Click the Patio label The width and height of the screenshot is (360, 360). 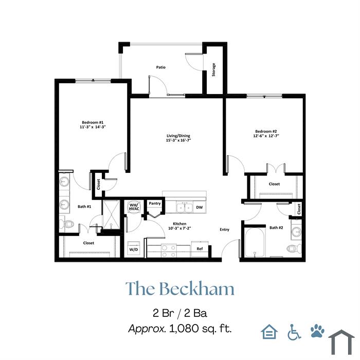160,67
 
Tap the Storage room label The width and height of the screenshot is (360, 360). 214,70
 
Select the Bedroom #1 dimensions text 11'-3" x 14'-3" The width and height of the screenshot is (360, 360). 93,127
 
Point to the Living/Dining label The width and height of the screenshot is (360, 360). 178,136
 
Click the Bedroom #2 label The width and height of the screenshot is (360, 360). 266,131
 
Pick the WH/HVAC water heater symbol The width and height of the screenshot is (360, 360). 134,207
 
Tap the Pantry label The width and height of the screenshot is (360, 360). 155,204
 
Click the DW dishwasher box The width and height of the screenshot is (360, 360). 200,207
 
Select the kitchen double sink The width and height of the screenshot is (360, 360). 185,207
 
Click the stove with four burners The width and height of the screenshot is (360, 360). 169,250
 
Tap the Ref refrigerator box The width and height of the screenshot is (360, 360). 200,249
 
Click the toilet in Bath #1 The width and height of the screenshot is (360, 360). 66,223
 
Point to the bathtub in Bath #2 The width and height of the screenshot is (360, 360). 255,243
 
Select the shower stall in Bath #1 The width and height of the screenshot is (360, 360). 111,214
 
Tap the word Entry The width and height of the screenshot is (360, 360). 224,229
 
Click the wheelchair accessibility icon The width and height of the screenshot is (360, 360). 294,332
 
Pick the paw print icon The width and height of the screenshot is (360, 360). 317,331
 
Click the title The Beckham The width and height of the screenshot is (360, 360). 180,288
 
